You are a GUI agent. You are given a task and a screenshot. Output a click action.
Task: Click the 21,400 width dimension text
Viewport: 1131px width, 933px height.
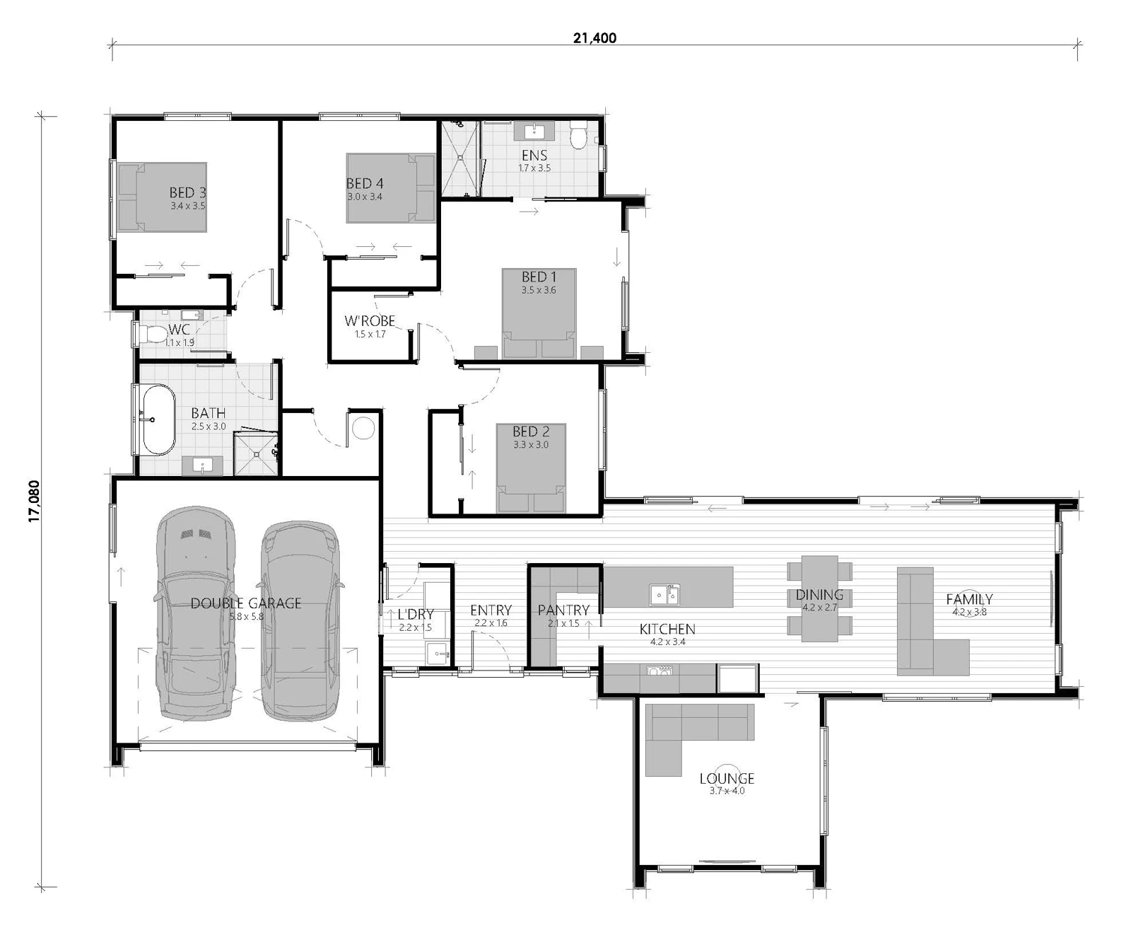pos(594,38)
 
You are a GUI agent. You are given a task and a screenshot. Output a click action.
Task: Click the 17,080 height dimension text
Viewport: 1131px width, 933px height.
pos(35,501)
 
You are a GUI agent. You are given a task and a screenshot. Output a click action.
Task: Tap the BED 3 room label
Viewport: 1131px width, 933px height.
pos(187,192)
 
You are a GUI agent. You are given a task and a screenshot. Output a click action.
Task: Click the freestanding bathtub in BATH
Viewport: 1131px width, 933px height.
pos(158,419)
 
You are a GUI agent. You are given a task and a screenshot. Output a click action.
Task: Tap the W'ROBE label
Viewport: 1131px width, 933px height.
pos(369,321)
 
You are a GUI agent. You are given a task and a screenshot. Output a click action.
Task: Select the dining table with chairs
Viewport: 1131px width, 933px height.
pos(819,598)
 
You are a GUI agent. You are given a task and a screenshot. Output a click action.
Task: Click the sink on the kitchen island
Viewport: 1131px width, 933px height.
pos(664,594)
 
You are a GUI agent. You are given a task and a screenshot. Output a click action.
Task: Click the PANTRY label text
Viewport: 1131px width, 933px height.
pos(563,610)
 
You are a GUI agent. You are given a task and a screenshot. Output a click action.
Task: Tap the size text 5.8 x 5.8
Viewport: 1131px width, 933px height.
pos(246,616)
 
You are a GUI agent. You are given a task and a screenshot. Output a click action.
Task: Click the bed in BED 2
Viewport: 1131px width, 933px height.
pos(530,467)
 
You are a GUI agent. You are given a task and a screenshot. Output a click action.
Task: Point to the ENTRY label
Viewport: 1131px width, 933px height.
pos(491,610)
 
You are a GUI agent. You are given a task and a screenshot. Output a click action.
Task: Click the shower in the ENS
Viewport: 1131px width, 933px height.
pos(459,159)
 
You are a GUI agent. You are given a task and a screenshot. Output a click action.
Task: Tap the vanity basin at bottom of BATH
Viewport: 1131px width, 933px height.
pos(203,466)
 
